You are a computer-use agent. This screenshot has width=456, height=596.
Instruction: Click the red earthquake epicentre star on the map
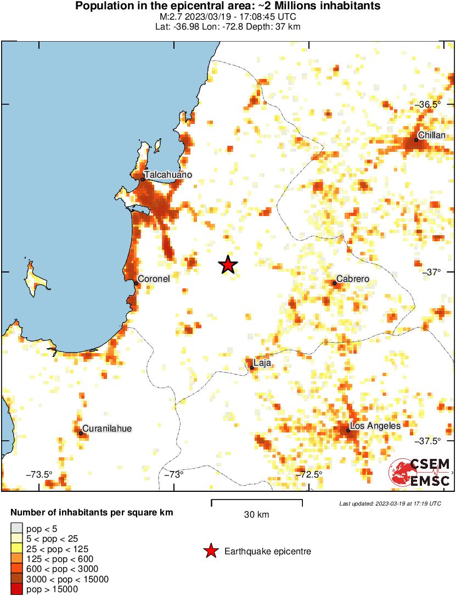228,265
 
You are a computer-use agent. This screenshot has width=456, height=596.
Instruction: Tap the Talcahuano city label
168,174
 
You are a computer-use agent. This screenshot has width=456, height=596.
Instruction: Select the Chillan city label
431,135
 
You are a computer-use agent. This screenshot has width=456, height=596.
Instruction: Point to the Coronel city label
153,279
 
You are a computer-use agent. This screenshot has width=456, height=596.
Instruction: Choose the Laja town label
262,362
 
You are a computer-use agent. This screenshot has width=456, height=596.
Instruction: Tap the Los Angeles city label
375,425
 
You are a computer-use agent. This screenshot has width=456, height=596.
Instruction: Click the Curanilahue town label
107,429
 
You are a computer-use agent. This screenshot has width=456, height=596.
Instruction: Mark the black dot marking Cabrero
334,283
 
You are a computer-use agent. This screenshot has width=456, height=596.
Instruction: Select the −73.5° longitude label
41,474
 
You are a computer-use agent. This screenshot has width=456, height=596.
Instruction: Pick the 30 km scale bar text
256,514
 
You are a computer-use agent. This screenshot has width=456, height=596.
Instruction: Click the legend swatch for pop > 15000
15,589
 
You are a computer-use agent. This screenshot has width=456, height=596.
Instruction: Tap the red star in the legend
210,551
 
